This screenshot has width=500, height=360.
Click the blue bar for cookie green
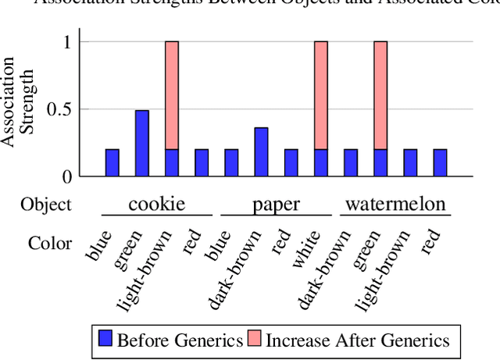coord(142,143)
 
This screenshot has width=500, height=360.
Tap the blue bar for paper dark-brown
coord(261,151)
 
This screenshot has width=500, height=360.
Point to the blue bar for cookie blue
coord(112,162)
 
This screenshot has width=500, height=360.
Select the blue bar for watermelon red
coord(440,162)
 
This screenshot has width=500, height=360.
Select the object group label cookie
coord(157,205)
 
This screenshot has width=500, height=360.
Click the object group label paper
coord(276,205)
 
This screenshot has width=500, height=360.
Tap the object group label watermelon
coord(395,205)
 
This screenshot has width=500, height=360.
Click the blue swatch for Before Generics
coord(105,339)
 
